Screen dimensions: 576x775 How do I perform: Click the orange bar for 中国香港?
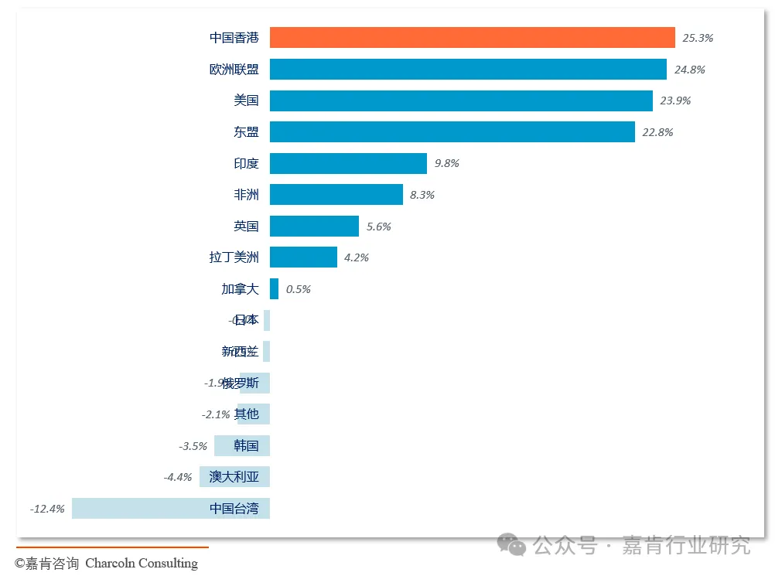(472, 38)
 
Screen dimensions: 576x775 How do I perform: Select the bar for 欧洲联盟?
(468, 70)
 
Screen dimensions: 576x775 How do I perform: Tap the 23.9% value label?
(675, 101)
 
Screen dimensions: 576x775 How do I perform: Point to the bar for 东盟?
(452, 132)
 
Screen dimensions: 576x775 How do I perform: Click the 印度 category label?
(246, 164)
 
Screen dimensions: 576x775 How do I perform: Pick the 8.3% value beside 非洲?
(422, 195)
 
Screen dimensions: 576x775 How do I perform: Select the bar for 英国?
(314, 227)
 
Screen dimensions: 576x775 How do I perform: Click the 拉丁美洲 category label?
(234, 257)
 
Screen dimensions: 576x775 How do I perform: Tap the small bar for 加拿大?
(274, 289)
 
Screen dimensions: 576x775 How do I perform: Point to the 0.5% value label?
(298, 289)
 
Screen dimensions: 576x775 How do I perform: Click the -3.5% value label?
(193, 446)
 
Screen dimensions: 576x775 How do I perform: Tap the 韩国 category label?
(246, 446)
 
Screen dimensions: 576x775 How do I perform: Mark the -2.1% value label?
(216, 414)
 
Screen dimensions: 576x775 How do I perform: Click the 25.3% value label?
(698, 38)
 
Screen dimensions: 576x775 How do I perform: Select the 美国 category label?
(246, 101)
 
